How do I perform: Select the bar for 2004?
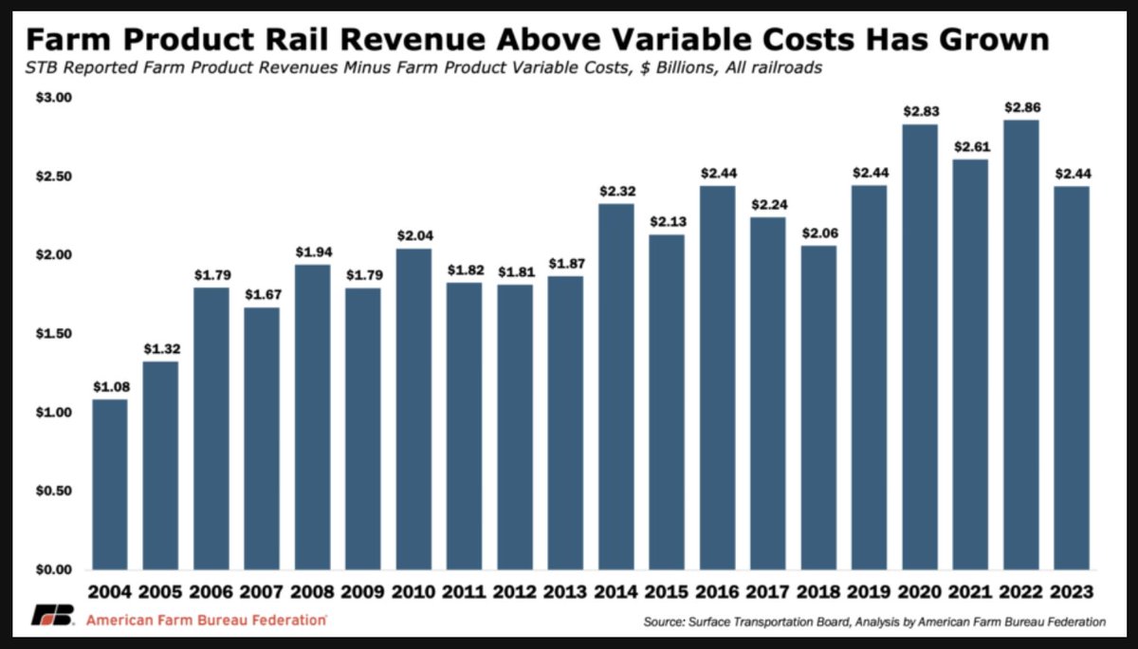(110, 484)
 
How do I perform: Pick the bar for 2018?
(817, 407)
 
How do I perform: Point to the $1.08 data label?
(110, 387)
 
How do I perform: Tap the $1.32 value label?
(160, 349)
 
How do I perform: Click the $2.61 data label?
(969, 147)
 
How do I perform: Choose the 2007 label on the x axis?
(262, 591)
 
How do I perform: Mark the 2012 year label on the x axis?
(514, 591)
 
